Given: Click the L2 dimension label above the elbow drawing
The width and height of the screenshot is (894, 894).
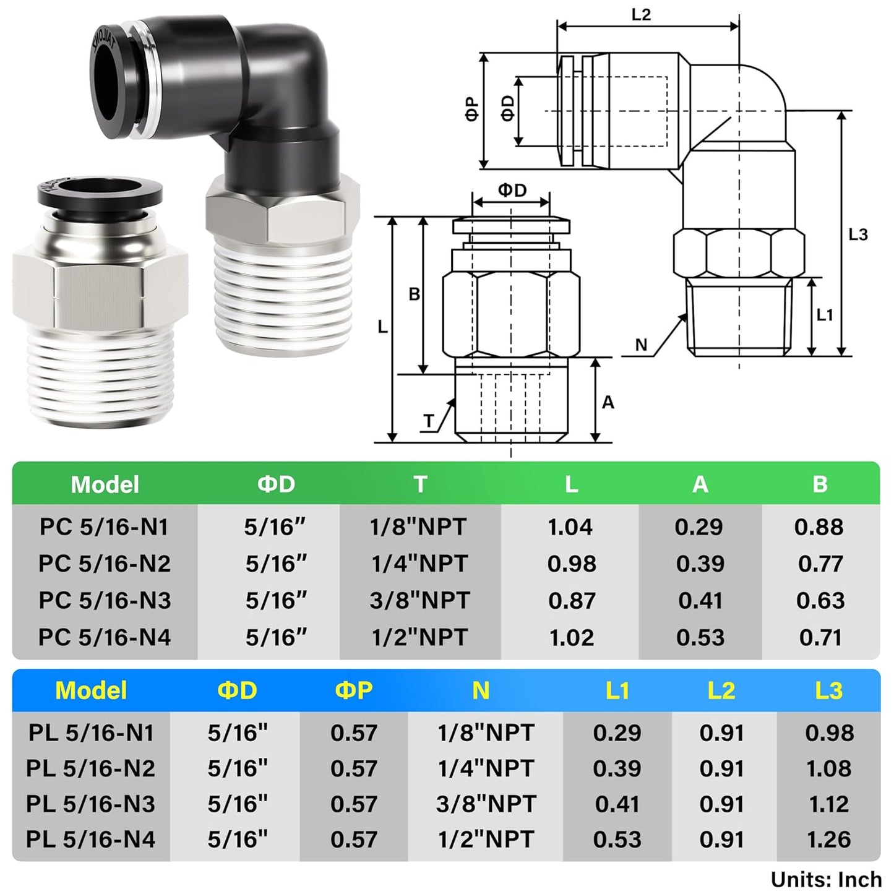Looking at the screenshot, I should (641, 14).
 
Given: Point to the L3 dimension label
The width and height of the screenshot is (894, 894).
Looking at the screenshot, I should (858, 234).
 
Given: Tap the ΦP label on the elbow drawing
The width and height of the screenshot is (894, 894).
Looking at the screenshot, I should (472, 110).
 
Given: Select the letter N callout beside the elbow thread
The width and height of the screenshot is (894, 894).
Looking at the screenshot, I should (641, 345).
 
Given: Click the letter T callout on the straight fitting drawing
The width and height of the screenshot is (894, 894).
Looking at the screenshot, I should (429, 421).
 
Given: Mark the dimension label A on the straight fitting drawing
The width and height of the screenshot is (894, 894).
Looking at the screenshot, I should (608, 402).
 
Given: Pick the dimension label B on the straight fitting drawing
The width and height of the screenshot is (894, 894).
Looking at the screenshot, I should (414, 294).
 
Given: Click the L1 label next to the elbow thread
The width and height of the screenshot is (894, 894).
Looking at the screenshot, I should (825, 315).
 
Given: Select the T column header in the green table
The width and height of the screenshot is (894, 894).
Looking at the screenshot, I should (420, 484).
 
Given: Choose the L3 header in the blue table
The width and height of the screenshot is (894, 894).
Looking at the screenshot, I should (828, 690).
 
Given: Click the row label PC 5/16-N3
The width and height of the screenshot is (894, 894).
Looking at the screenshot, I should (105, 601).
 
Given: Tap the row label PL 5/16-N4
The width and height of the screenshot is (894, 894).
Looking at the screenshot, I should (90, 840).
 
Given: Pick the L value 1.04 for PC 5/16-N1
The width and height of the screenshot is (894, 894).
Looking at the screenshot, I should (570, 527).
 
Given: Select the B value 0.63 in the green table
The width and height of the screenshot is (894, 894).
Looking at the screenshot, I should (820, 601).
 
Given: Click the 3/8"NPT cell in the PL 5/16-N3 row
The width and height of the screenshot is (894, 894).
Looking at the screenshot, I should (485, 804).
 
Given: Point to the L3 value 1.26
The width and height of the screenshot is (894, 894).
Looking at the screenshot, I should (828, 840).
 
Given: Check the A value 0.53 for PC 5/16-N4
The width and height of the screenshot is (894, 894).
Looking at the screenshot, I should (700, 637).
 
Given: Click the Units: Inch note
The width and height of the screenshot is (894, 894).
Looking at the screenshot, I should (825, 879).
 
